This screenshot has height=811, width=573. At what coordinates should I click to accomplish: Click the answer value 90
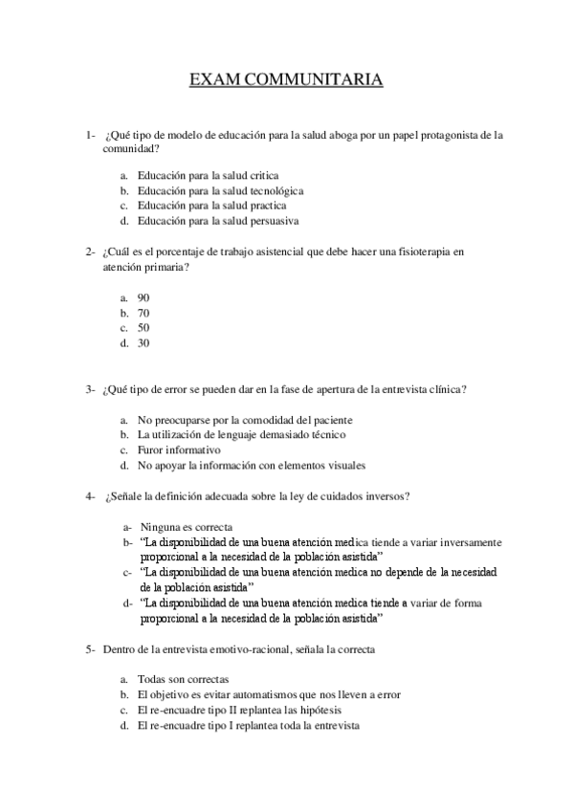point(143,297)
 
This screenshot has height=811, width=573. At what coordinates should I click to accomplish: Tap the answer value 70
point(143,313)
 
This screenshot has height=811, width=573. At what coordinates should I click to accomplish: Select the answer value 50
point(143,327)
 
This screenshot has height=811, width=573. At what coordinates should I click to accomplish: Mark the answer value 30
point(143,342)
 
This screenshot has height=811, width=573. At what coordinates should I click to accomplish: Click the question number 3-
point(90,389)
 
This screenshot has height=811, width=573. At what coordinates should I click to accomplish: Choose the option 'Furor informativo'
point(179,449)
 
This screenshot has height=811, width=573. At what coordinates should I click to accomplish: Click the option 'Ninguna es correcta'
point(186,527)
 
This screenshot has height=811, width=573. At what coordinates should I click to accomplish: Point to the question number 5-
point(90,649)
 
